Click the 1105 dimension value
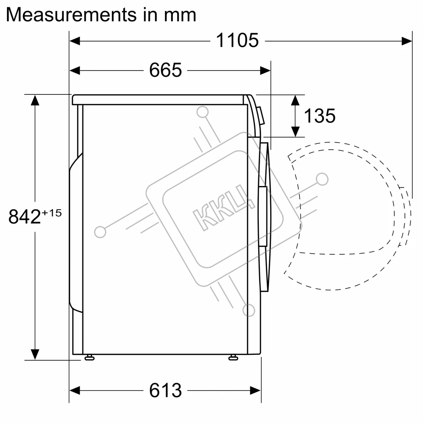(237, 41)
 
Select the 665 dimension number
(166, 70)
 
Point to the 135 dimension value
(320, 116)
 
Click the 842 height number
(25, 216)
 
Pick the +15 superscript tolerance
(52, 213)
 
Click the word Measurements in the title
(71, 15)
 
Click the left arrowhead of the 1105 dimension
(75, 41)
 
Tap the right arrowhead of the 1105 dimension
(407, 41)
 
